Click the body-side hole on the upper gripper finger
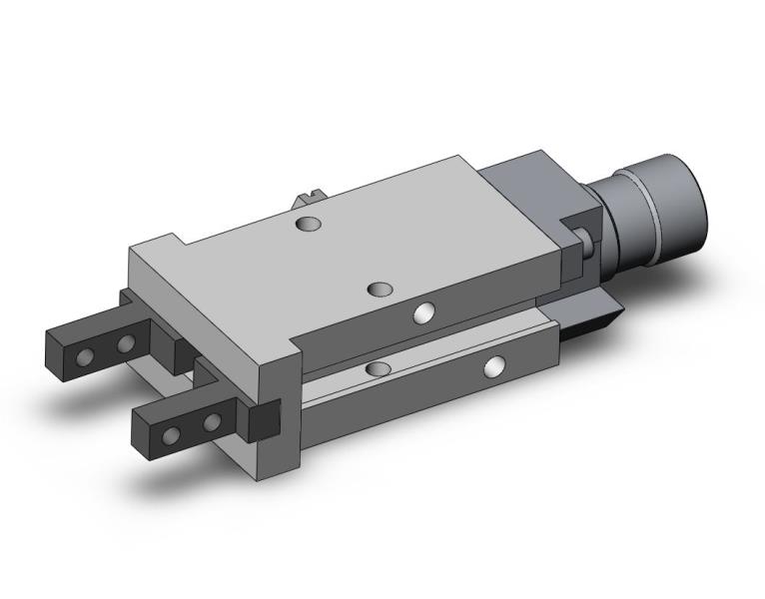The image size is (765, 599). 126,344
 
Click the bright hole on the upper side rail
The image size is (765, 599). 424,314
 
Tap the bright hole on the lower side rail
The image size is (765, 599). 493,367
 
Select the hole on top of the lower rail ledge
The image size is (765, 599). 377,369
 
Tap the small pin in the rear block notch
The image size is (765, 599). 587,239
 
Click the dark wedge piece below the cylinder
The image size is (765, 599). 593,319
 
